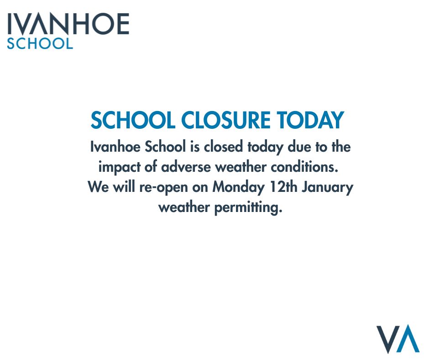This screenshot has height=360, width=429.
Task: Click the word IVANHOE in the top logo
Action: [68, 24]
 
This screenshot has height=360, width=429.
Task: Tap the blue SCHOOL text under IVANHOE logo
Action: [40, 44]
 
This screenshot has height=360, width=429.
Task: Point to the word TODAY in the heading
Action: [310, 121]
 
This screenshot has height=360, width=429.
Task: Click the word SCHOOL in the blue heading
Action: [132, 121]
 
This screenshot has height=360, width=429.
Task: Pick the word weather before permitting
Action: [184, 207]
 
